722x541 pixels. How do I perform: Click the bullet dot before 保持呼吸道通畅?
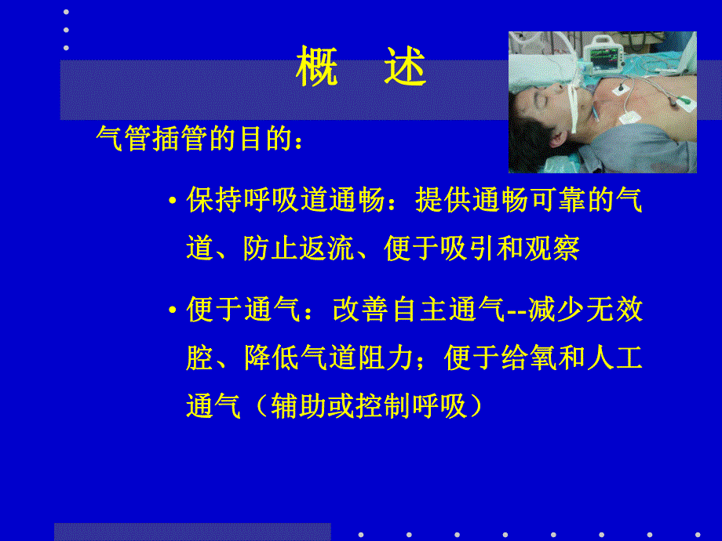click(x=173, y=202)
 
